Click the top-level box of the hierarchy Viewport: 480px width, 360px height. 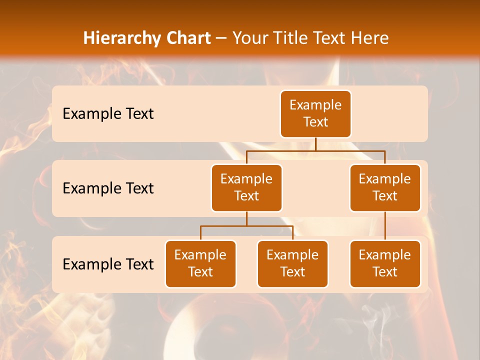(315, 114)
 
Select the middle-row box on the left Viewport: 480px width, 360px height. (246, 188)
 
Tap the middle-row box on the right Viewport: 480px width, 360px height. (385, 188)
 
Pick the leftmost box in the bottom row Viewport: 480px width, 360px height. (200, 264)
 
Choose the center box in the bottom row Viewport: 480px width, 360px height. (292, 264)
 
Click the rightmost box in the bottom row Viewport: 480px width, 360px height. (385, 264)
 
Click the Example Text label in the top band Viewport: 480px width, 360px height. (108, 114)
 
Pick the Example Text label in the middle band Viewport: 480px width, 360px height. (108, 188)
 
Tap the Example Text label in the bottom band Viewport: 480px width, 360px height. (108, 264)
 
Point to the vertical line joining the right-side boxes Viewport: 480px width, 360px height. (385, 226)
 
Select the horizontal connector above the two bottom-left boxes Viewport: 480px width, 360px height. (246, 226)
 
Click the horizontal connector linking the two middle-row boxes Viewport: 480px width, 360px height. (315, 150)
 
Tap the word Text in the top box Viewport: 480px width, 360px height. (315, 122)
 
